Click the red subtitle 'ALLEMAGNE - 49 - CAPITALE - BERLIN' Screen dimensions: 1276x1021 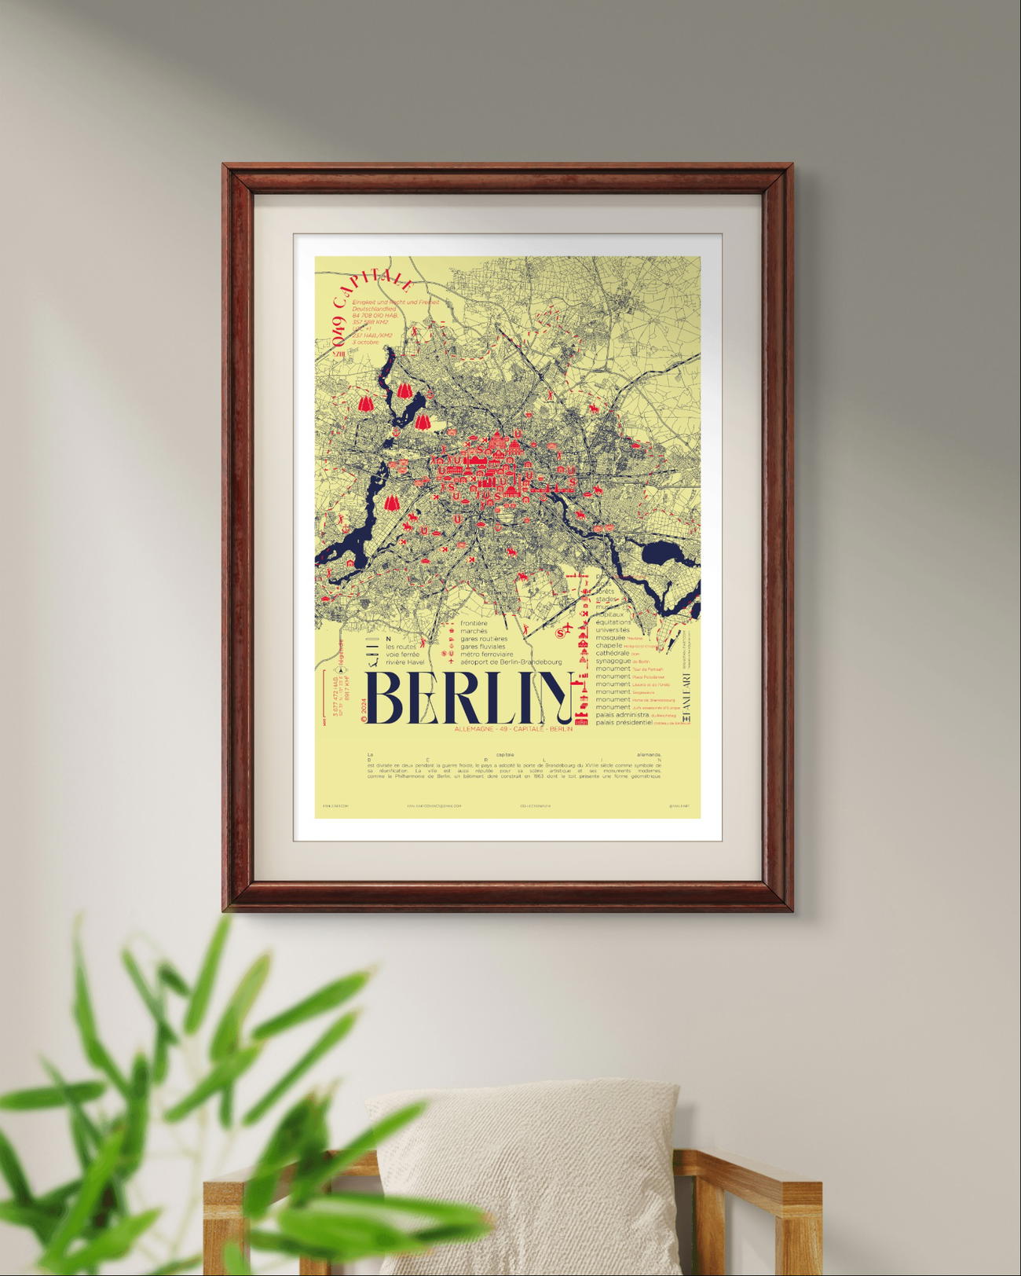coord(513,729)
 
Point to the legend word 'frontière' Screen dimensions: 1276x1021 coord(474,623)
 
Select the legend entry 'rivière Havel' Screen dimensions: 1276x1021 coord(404,662)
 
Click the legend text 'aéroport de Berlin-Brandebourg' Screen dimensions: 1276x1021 coord(510,662)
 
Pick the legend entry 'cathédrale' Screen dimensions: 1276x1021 coord(613,653)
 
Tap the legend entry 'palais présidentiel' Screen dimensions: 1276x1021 coord(624,723)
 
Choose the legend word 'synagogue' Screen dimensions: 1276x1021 coord(613,661)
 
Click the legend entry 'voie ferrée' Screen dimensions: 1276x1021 coord(402,654)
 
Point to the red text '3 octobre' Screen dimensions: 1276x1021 coord(365,342)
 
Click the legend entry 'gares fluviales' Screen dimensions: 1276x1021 coord(483,647)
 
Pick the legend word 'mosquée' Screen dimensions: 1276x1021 coord(610,637)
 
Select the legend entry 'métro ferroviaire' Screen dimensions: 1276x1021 coord(487,654)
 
